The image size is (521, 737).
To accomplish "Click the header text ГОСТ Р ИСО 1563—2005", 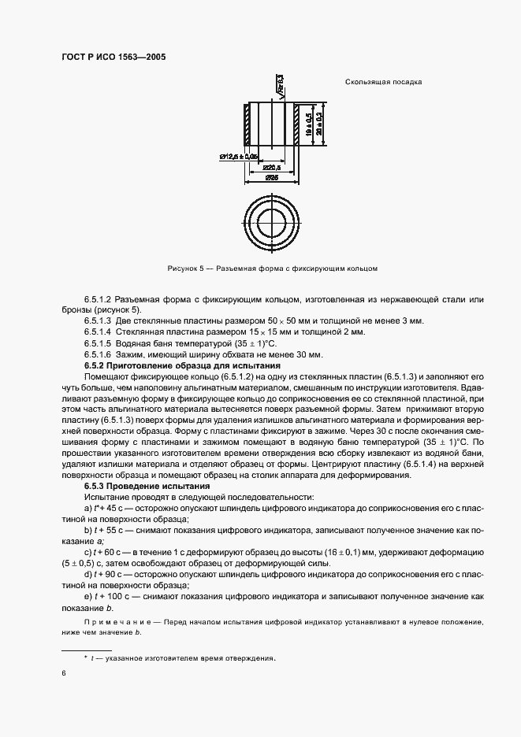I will [114, 56].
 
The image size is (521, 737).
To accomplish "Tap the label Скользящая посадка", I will [383, 82].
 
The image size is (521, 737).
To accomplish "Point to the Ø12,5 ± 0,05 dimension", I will [239, 157].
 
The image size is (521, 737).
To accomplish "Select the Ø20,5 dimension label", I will [274, 167].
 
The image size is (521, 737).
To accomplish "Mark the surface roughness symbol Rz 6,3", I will [279, 84].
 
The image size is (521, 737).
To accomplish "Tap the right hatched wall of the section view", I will [296, 124].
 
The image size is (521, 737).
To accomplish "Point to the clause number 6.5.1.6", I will [98, 355].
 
